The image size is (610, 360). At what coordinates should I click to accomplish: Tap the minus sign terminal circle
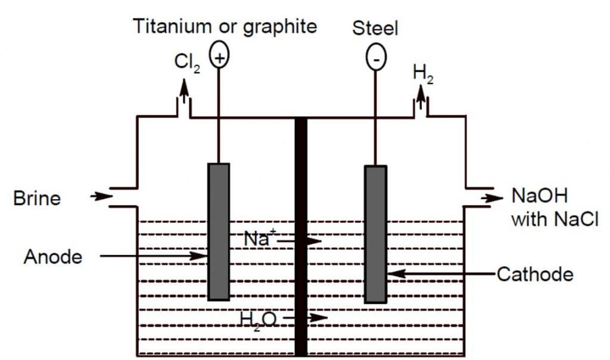click(376, 58)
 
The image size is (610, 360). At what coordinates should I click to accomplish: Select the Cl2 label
click(187, 62)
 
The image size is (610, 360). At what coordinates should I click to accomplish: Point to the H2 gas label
click(422, 73)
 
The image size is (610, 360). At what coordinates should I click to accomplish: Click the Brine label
click(37, 198)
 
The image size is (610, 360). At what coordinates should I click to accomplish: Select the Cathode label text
click(534, 274)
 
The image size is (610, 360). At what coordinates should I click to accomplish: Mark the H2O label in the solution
click(258, 319)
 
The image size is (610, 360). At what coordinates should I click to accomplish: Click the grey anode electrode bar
click(219, 231)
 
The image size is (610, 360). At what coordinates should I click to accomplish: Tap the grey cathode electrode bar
click(375, 234)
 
